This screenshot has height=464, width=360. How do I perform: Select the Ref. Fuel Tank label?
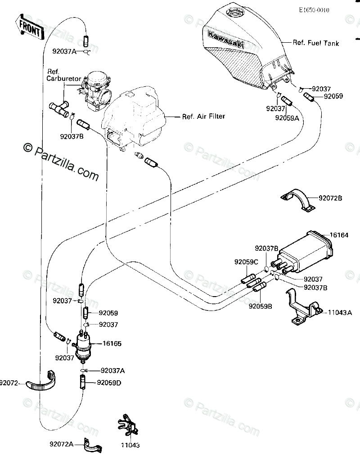click(316, 43)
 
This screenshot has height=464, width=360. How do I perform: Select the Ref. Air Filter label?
click(203, 116)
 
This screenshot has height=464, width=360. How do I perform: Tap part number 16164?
click(340, 234)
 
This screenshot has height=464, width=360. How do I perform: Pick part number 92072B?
click(343, 198)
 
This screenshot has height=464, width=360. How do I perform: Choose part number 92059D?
click(110, 383)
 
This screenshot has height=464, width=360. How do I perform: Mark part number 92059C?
click(246, 261)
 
